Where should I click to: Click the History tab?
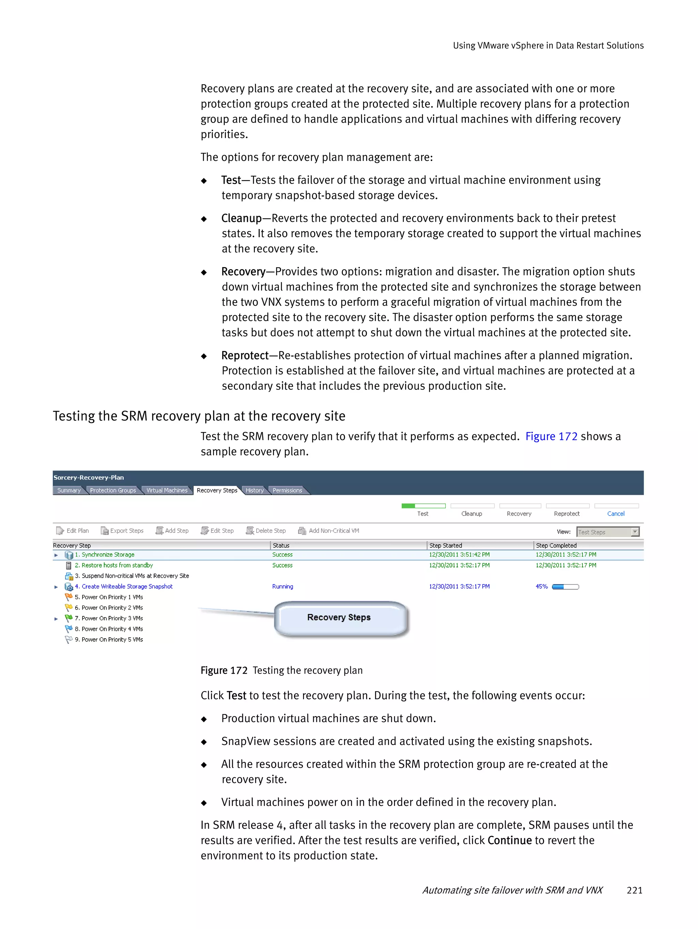(x=254, y=490)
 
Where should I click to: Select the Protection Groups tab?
(x=112, y=490)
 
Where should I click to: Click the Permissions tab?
(x=287, y=490)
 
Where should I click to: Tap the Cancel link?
(x=615, y=514)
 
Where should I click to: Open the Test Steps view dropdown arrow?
(x=635, y=532)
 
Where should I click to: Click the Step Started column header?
(x=445, y=546)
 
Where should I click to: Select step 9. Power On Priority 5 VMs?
(x=108, y=640)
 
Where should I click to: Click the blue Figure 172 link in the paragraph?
(x=551, y=436)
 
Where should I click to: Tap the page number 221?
(x=634, y=890)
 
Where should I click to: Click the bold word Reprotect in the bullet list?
(x=244, y=356)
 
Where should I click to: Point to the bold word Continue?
(x=510, y=840)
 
